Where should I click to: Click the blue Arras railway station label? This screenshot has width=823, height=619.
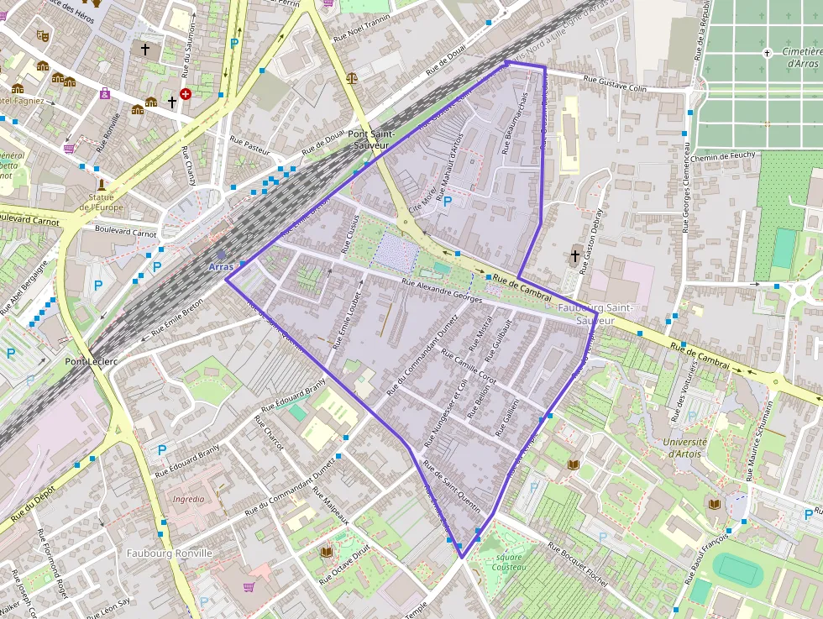(x=221, y=266)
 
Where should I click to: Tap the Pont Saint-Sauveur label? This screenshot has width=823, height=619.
(x=369, y=139)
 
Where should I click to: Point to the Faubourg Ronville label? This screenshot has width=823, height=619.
(x=169, y=553)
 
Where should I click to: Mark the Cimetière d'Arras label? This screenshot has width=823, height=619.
(x=799, y=57)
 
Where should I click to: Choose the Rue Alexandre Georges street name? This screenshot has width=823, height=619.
(x=442, y=291)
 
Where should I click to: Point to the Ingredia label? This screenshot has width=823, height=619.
(x=188, y=498)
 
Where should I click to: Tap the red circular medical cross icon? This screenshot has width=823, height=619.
(x=186, y=94)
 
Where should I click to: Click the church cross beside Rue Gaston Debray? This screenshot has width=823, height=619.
(x=575, y=256)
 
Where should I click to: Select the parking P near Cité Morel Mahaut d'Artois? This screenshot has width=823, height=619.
(x=447, y=201)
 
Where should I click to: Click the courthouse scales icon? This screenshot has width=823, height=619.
(x=351, y=77)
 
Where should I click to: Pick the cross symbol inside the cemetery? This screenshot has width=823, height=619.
(x=766, y=53)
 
